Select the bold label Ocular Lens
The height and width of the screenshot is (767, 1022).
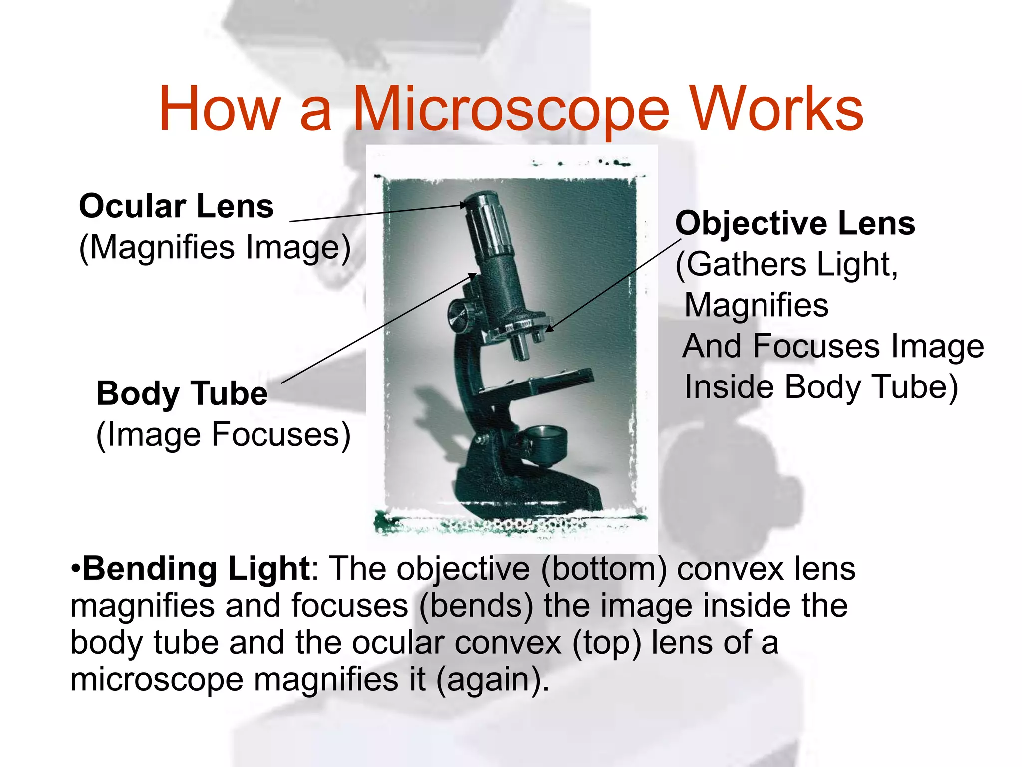click(176, 206)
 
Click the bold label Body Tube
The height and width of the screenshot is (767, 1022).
click(182, 393)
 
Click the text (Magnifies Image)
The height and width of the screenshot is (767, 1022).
click(215, 248)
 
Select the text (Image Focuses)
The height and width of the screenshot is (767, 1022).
click(223, 435)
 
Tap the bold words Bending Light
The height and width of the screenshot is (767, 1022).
click(196, 569)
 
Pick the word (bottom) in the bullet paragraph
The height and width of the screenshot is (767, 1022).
click(603, 569)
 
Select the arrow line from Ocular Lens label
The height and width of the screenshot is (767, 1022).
click(377, 213)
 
